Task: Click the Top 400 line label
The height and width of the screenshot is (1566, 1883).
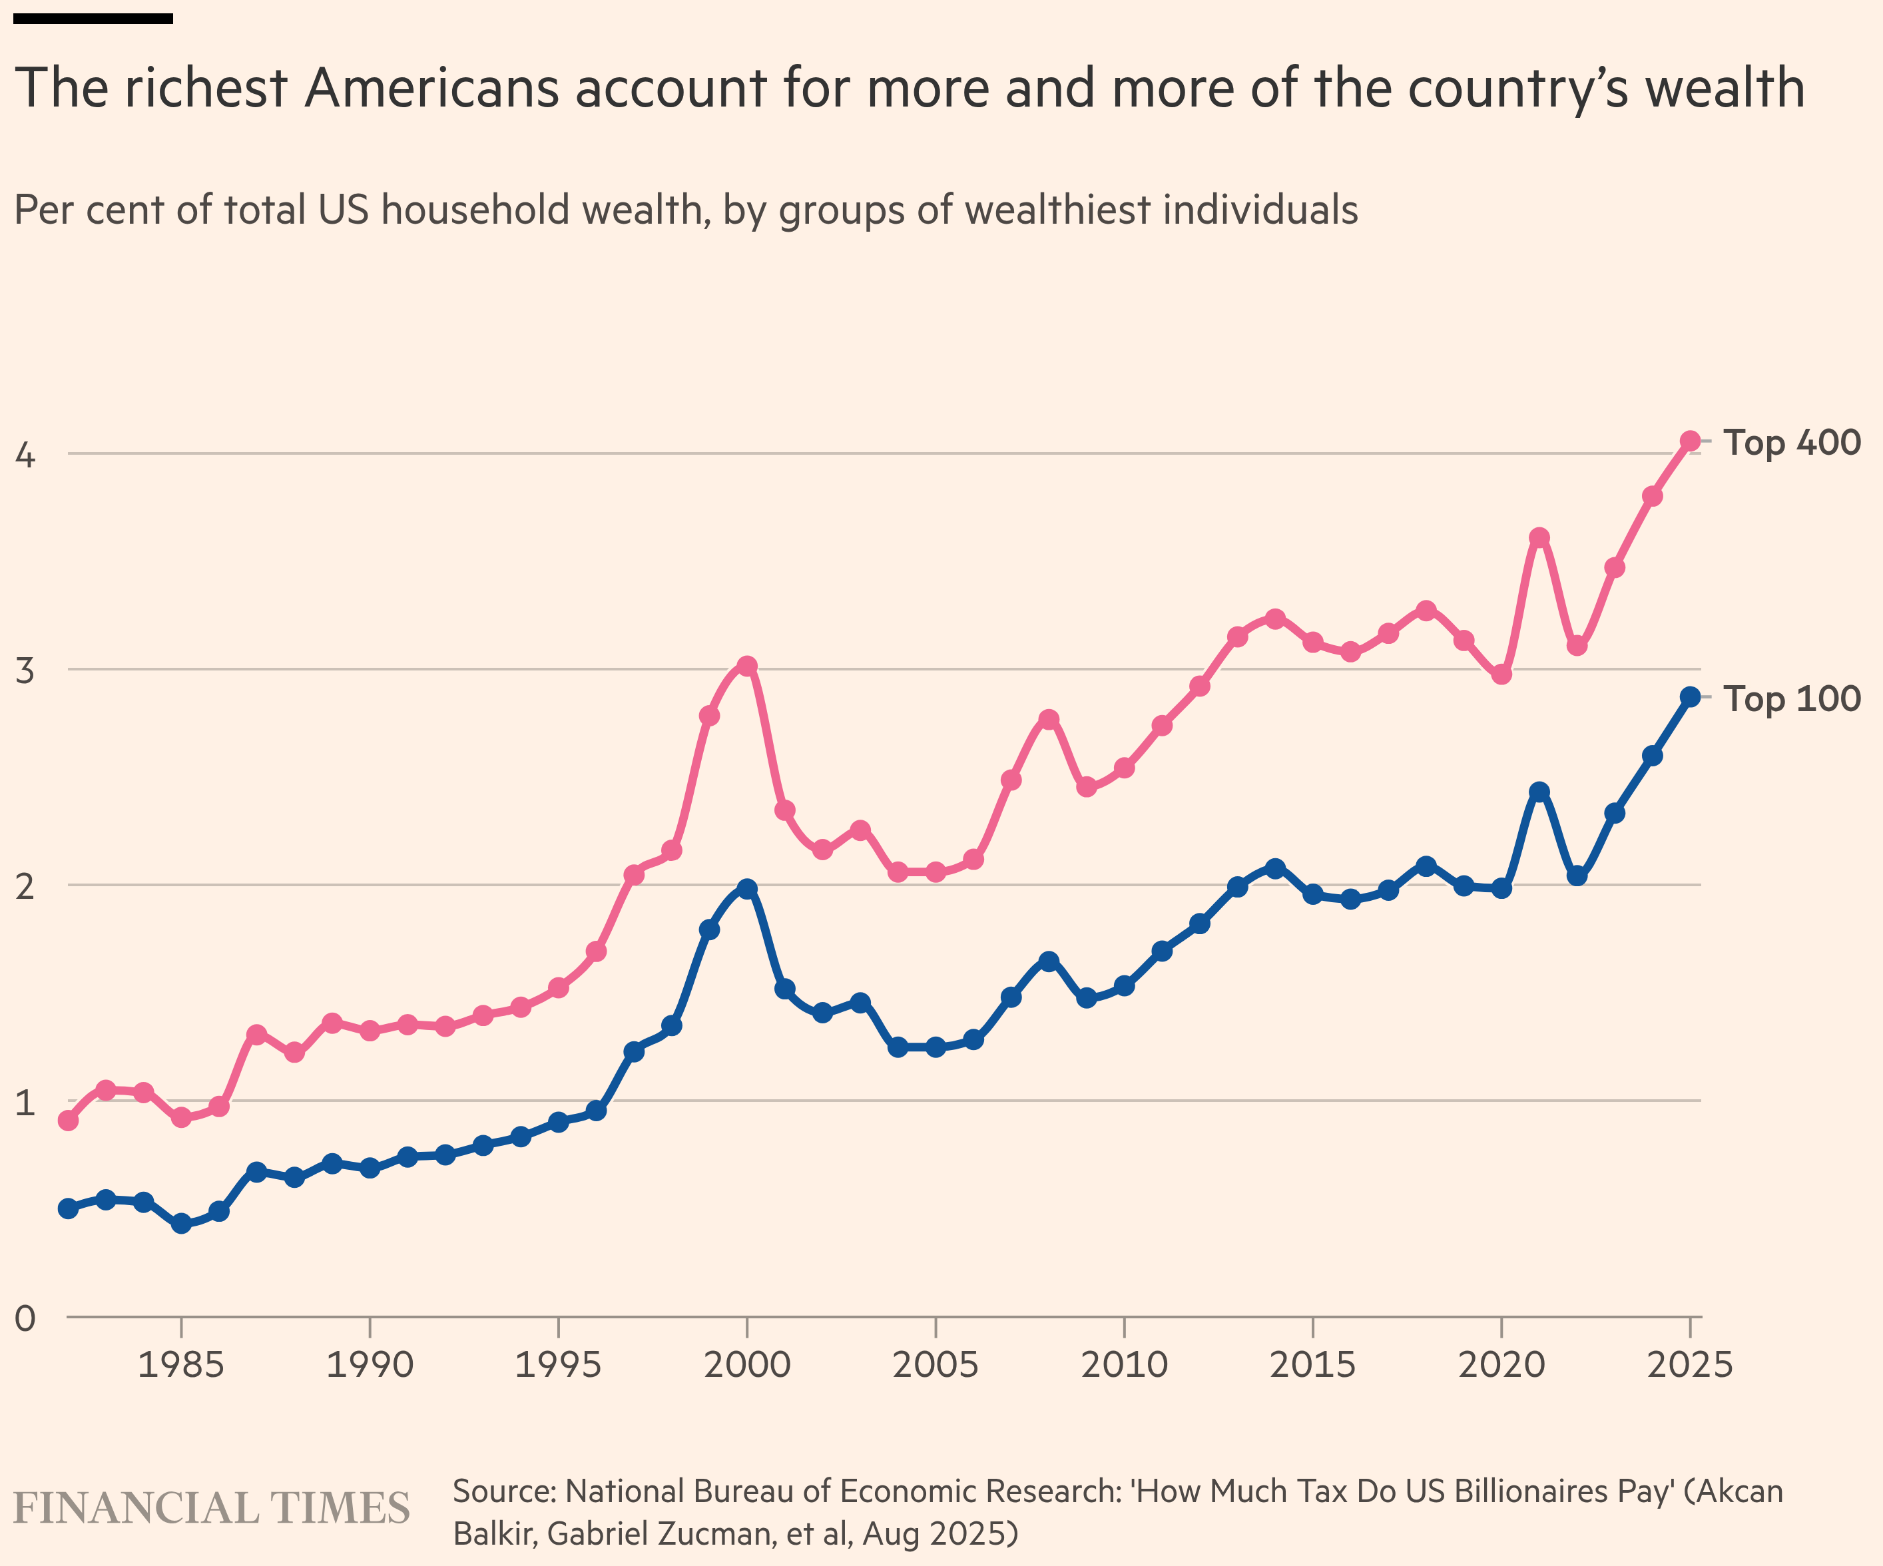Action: pos(1792,443)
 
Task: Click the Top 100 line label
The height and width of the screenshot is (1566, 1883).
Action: pos(1792,699)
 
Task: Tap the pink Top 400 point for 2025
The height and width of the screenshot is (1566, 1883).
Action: pos(1690,441)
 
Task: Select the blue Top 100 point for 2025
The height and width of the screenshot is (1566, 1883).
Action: pos(1690,697)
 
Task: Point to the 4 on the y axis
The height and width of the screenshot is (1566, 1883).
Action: pos(25,455)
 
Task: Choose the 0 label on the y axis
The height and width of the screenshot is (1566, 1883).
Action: pos(25,1318)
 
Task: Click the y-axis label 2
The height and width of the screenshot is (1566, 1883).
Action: pos(25,886)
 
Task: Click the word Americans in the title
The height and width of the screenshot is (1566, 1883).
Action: pos(432,89)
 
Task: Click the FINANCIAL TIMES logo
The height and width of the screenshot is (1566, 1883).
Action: pos(212,1509)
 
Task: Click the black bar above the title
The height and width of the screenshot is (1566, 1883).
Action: pos(93,18)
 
